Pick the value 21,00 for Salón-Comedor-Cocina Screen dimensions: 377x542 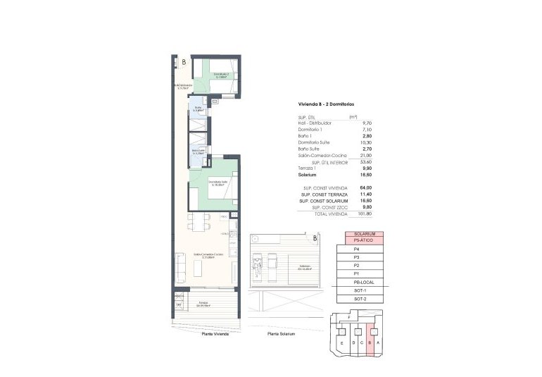point(365,155)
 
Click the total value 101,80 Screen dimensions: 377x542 point(364,213)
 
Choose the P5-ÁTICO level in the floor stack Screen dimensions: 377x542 point(364,241)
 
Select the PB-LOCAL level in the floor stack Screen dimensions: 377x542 point(364,282)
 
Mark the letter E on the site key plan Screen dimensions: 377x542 point(341,343)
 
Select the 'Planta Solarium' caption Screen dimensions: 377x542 point(281,334)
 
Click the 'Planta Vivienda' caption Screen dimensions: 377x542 point(217,334)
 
